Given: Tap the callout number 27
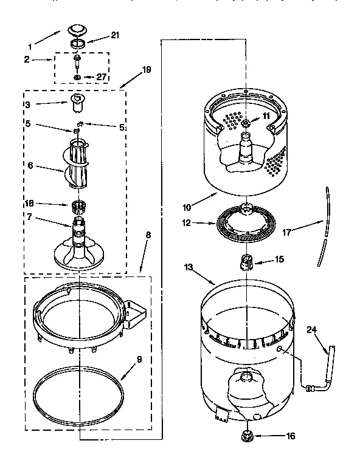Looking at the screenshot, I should coord(101,78).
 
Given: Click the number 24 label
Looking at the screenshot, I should coord(313,331).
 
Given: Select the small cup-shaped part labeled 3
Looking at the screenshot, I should coord(77,104).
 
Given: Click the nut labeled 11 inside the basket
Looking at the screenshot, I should coord(246,124).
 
